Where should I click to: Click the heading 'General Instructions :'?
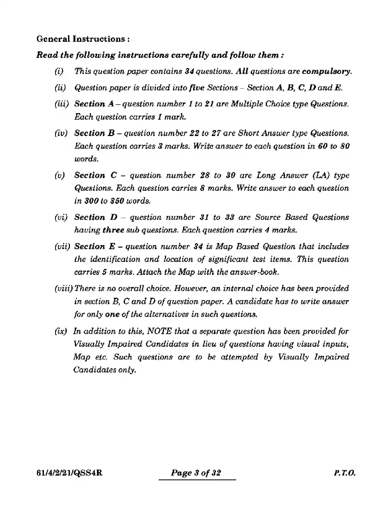(x=83, y=39)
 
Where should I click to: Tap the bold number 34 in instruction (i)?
(x=189, y=71)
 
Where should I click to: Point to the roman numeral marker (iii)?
(x=62, y=104)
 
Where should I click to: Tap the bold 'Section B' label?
(x=94, y=133)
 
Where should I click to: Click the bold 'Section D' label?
(x=96, y=217)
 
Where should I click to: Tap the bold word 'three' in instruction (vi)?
(x=113, y=230)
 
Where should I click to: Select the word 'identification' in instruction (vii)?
(x=115, y=259)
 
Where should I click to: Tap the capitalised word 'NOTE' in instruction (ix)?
(x=160, y=331)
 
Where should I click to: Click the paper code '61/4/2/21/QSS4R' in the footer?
(x=69, y=473)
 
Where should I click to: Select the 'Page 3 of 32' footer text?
(x=196, y=473)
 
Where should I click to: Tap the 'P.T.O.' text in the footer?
(x=344, y=473)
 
